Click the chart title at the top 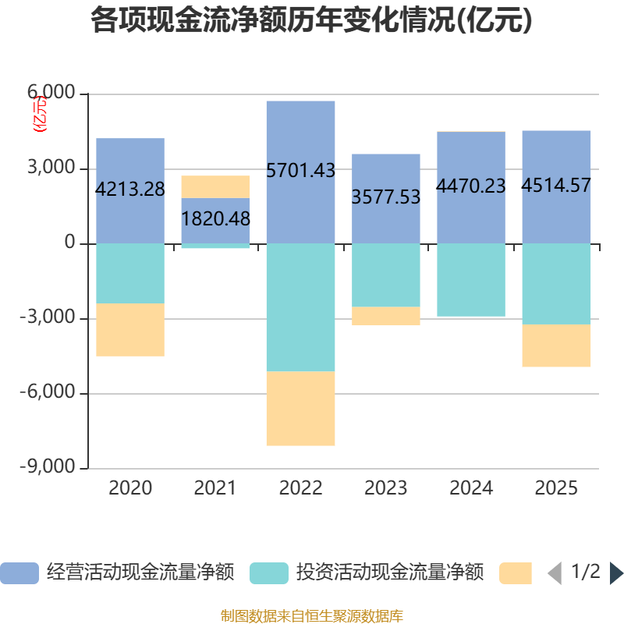point(311,21)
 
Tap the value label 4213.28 point(130,189)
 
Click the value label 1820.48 point(215,219)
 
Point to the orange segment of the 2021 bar point(215,186)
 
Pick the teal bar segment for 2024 point(471,279)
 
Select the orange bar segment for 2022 point(300,408)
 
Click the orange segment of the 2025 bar point(556,346)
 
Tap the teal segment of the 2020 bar point(130,273)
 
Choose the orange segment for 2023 point(386,316)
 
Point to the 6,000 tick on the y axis point(53,94)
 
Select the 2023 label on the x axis point(386,488)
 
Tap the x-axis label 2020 point(130,488)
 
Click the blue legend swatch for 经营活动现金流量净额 point(19,573)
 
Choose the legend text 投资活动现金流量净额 point(390,573)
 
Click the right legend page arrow point(616,573)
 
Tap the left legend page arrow point(555,573)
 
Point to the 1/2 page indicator point(586,572)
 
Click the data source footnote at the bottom point(311,616)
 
